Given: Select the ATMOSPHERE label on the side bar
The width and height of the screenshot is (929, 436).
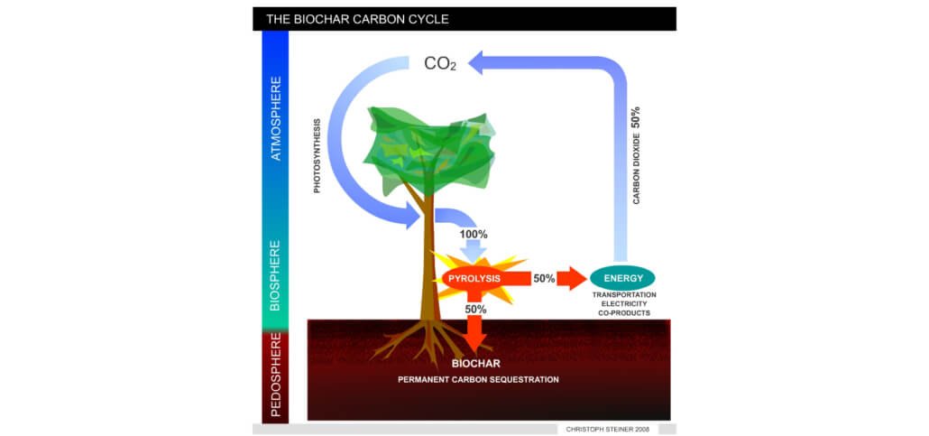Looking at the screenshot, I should (x=276, y=118).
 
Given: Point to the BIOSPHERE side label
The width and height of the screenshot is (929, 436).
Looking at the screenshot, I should (x=276, y=274).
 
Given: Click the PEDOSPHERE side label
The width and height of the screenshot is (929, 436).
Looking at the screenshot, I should (x=276, y=376).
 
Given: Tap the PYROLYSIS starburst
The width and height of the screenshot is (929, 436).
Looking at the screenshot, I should (x=474, y=278).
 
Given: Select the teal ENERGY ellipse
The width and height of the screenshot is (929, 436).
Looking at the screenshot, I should (x=622, y=277).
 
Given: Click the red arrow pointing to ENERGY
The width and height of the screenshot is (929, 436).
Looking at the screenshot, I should (x=572, y=278).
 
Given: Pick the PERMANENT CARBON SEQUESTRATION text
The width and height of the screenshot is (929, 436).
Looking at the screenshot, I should (x=478, y=379).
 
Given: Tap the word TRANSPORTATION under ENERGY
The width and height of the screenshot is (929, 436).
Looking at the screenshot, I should (x=624, y=295).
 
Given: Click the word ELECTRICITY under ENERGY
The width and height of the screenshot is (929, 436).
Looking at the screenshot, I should (x=624, y=304).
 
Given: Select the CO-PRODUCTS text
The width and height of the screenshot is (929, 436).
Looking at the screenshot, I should (x=624, y=313).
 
